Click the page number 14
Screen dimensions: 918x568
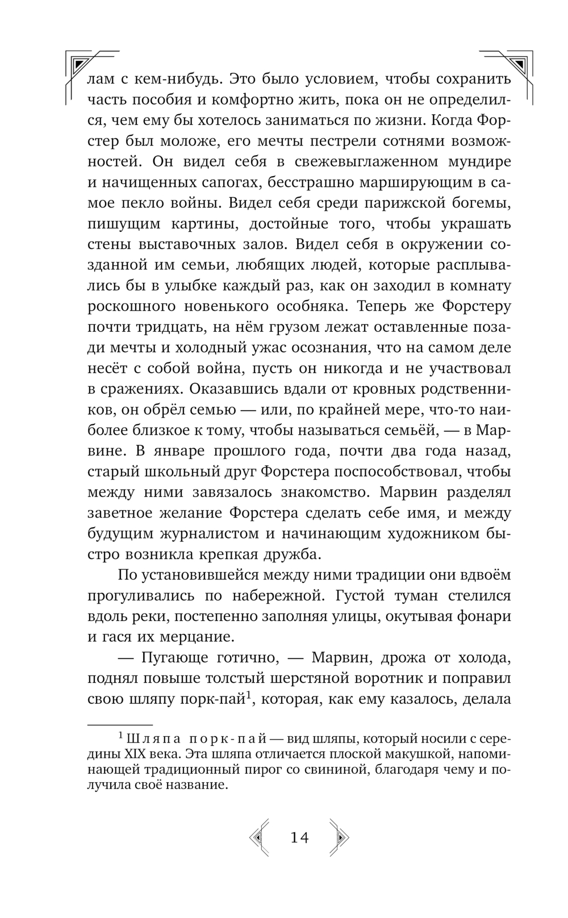click(299, 837)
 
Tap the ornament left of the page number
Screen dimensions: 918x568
click(259, 837)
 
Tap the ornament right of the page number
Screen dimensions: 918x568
click(339, 837)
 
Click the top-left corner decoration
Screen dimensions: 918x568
click(85, 65)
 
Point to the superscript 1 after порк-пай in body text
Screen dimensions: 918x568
click(248, 696)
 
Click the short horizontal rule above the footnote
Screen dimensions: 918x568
click(120, 725)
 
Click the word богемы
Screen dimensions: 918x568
click(482, 203)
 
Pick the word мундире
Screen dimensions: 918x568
click(482, 162)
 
